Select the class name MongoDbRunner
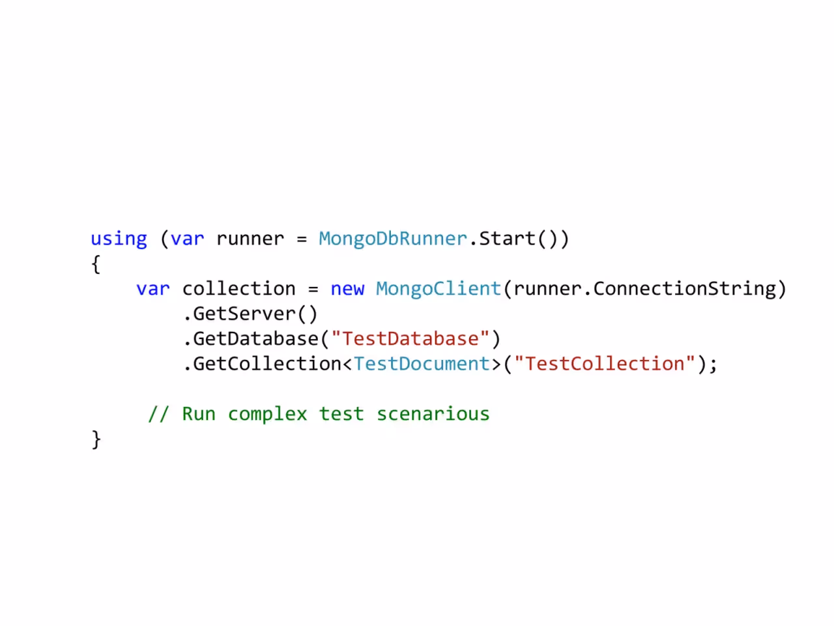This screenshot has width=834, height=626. (393, 239)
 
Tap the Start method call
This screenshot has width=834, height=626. (507, 238)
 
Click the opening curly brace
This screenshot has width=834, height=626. (96, 264)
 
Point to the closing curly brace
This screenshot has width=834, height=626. (96, 440)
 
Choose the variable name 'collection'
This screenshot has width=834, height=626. (238, 289)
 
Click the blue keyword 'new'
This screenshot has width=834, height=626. (347, 290)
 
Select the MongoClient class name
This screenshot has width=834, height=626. (439, 289)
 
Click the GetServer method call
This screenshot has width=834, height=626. (244, 314)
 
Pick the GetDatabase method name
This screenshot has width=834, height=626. (255, 339)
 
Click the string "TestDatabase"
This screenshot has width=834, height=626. (410, 338)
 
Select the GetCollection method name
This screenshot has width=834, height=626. (267, 364)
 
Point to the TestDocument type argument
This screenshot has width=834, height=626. (422, 364)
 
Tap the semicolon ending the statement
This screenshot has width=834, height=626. (712, 366)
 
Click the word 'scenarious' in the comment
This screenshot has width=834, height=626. (433, 414)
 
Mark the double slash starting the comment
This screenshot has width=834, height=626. (158, 413)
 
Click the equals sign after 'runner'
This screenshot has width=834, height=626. (302, 239)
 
